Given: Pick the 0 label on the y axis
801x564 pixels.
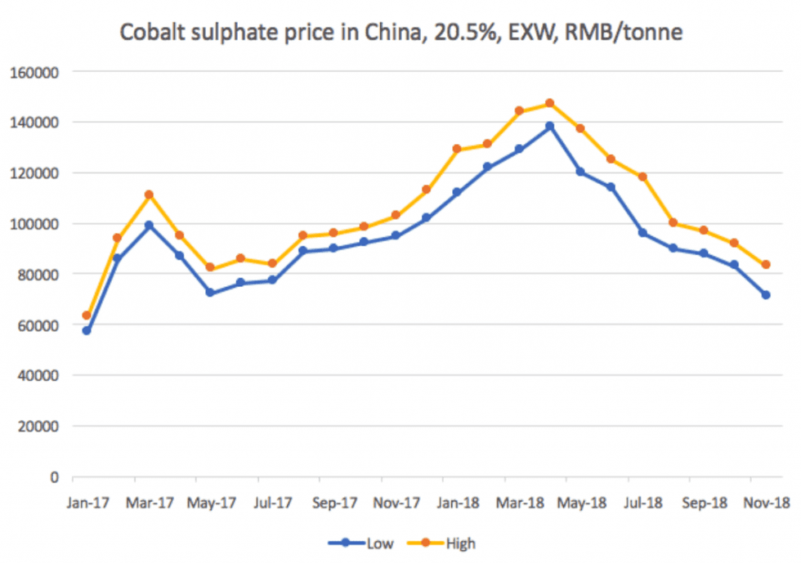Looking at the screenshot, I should tap(54, 477).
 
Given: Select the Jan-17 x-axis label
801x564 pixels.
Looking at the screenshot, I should tap(85, 502).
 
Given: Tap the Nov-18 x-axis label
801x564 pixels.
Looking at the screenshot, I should tap(767, 502).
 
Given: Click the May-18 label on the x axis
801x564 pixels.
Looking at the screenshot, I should tap(580, 502).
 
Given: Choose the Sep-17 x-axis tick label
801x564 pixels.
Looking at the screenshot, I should tap(334, 502).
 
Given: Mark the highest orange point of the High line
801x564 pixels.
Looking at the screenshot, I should tap(549, 104).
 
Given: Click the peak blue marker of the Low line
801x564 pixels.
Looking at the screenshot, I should tap(549, 126).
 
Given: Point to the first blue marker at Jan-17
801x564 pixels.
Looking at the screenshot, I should tap(86, 330).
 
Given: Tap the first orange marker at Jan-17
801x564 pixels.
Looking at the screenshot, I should tap(86, 316).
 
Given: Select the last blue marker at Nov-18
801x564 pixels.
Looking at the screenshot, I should tap(766, 294).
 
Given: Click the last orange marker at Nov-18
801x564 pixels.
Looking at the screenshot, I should tap(766, 265).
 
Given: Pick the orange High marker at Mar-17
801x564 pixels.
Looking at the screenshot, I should tap(148, 195).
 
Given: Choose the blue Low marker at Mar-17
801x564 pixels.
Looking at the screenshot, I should tap(148, 225).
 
